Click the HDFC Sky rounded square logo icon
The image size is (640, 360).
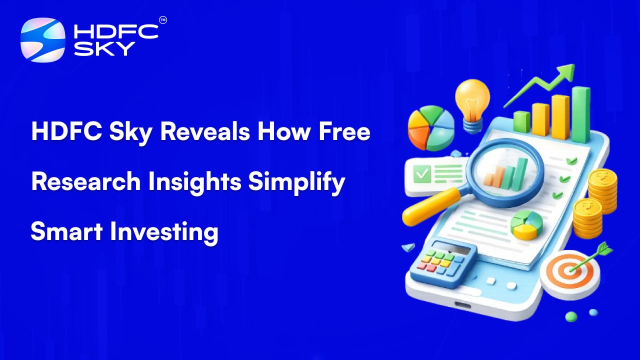tap(43, 40)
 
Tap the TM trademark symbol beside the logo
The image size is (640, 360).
tap(163, 20)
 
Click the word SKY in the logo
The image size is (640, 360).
tap(104, 48)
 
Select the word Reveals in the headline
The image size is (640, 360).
tap(205, 131)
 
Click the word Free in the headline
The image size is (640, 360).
tap(344, 131)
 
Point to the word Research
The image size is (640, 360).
tap(85, 181)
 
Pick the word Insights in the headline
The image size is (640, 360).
tap(195, 183)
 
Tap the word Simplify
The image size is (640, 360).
tap(296, 183)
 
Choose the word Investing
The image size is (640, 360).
tap(164, 232)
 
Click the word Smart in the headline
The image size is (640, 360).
tap(66, 231)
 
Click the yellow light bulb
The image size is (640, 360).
tap(472, 105)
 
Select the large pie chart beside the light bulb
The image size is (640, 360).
tap(430, 128)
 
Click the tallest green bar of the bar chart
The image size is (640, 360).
tap(580, 114)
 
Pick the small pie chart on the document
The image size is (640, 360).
tap(526, 225)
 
